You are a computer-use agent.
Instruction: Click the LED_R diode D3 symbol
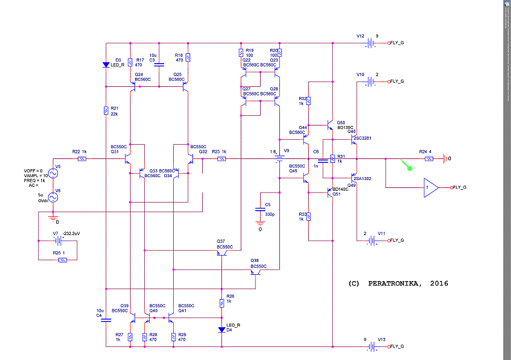[x=106, y=65]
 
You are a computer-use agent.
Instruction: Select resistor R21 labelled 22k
[x=106, y=111]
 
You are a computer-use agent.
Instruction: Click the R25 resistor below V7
[x=62, y=259]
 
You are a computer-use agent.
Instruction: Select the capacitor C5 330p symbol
[x=261, y=208]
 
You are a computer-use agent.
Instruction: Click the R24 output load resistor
[x=429, y=159]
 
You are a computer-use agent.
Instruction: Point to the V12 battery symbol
[x=371, y=43]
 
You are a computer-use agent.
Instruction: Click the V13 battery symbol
[x=371, y=346]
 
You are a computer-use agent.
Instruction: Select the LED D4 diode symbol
[x=222, y=329]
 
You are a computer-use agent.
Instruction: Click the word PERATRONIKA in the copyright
[x=397, y=283]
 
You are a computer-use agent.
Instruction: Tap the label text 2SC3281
[x=362, y=138]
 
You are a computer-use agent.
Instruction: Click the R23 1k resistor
[x=222, y=159]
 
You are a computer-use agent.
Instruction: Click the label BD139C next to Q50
[x=345, y=128]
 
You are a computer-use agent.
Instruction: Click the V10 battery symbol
[x=371, y=82]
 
